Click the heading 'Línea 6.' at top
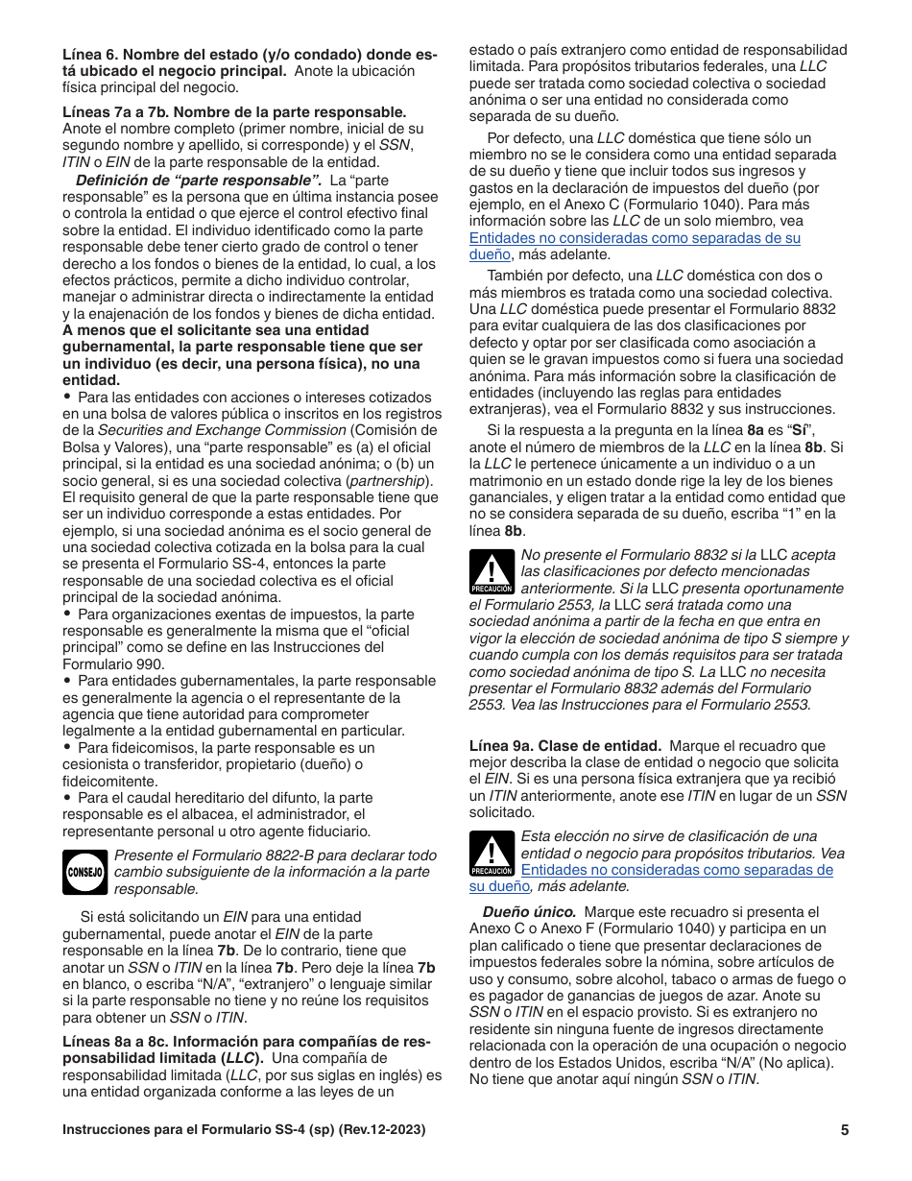coord(91,55)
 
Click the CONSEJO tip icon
coord(84,872)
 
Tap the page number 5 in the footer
coord(844,1130)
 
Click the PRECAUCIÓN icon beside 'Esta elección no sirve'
coord(492,854)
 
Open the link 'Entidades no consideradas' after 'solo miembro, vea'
coord(635,238)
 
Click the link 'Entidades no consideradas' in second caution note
coord(676,870)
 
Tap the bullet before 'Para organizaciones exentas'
coord(67,614)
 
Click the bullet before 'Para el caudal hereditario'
coord(67,797)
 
